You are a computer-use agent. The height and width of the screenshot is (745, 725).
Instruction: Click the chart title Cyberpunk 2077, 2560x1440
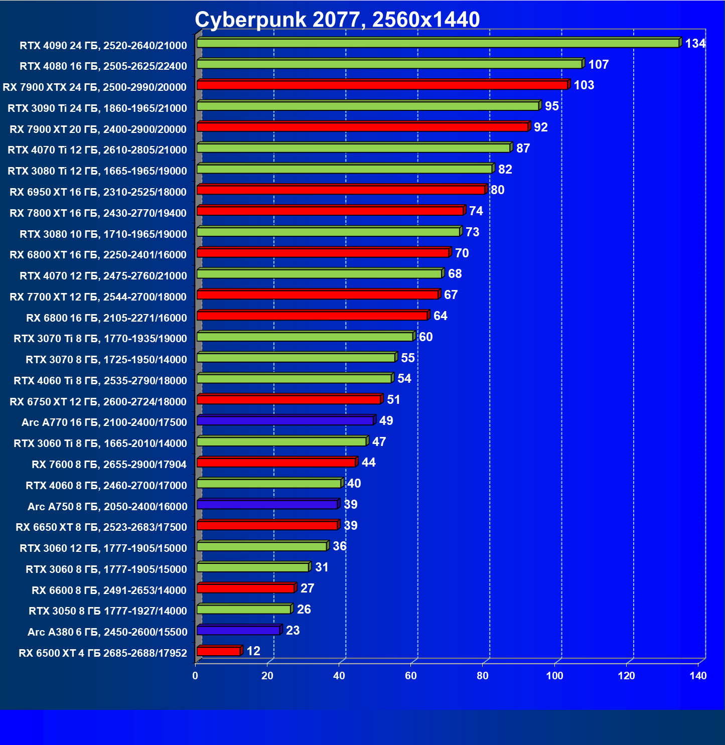(x=337, y=20)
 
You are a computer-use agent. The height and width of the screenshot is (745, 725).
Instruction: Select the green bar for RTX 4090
(x=438, y=43)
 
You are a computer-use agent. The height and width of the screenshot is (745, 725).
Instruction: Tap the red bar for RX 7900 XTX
(x=382, y=85)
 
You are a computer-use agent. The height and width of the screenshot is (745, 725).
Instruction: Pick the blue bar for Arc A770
(x=285, y=420)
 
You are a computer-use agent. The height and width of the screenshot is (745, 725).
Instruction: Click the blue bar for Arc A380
(x=238, y=630)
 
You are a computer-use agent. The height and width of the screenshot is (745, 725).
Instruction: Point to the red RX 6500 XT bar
(x=219, y=651)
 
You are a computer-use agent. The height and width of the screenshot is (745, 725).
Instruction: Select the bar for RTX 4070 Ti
(x=353, y=148)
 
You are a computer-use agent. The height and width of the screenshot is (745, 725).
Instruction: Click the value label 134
(x=695, y=44)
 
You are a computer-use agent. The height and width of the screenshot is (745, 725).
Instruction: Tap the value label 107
(x=598, y=65)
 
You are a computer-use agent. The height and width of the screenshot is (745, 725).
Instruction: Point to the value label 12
(x=253, y=651)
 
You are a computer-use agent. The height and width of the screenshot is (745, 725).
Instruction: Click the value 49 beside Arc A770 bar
(x=386, y=421)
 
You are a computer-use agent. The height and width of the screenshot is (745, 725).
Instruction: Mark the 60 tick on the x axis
(x=411, y=676)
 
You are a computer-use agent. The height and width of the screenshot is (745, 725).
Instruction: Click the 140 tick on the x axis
(x=698, y=676)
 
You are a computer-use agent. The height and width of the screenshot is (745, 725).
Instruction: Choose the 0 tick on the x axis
(x=195, y=676)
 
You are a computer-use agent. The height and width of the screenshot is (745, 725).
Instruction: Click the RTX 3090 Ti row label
(x=97, y=108)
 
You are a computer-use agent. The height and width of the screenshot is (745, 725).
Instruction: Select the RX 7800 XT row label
(x=98, y=213)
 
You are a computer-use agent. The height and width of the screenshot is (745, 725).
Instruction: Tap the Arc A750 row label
(x=107, y=507)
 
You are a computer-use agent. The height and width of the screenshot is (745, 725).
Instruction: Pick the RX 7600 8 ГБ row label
(x=109, y=465)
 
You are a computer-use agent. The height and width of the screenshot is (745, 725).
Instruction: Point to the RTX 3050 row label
(x=108, y=611)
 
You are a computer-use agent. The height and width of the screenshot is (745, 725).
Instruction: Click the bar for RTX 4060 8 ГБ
(x=269, y=484)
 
